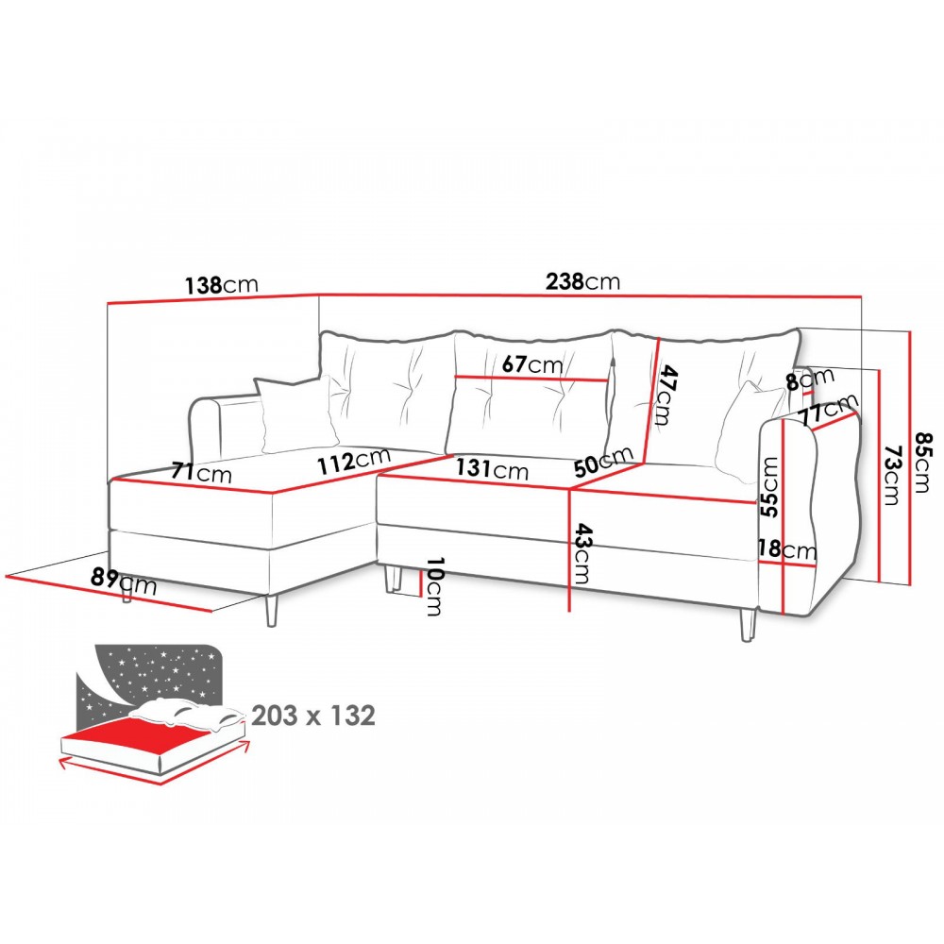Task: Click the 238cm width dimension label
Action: click(x=582, y=281)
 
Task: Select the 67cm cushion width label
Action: click(x=531, y=363)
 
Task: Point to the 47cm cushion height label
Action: click(x=664, y=396)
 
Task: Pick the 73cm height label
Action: click(x=893, y=474)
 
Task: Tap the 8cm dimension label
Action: click(x=810, y=379)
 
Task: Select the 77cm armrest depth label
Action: click(x=829, y=410)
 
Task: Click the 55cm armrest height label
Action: click(x=768, y=487)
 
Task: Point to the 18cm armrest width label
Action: click(x=787, y=549)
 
